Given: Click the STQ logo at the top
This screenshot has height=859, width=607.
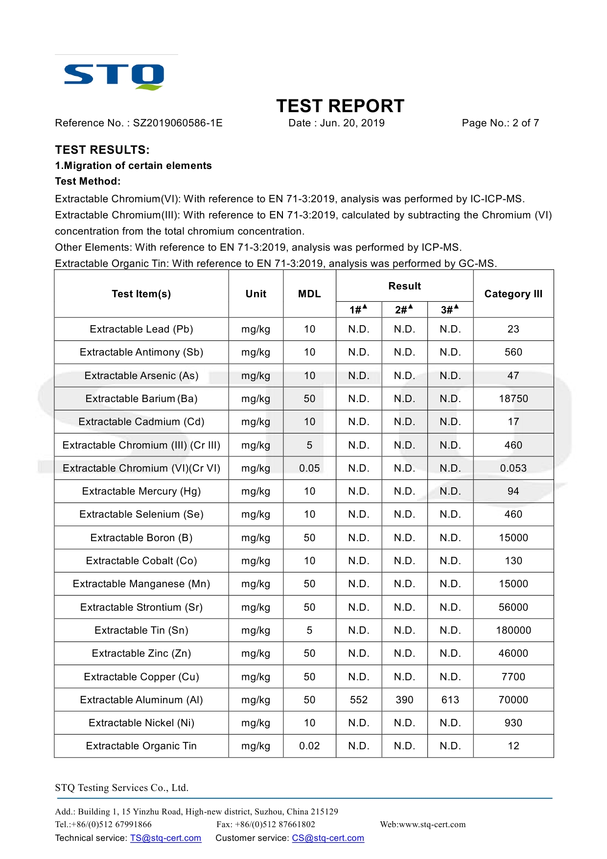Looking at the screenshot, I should tap(114, 76).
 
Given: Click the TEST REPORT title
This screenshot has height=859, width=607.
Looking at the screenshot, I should tap(340, 106).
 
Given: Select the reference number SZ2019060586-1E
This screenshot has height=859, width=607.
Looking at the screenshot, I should tap(178, 123).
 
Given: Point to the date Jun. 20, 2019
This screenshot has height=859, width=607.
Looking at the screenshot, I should tap(352, 123).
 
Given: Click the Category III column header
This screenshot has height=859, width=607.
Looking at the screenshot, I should tap(513, 294).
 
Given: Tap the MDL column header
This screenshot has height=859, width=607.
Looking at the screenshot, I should tap(309, 294).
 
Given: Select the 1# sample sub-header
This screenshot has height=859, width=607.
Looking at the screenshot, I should tap(358, 310).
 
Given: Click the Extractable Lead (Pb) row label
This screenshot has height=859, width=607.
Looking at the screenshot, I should tap(141, 329).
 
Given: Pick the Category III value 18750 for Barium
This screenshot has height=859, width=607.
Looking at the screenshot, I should tap(513, 399).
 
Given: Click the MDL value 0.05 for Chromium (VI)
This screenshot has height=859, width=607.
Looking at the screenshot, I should tap(309, 468).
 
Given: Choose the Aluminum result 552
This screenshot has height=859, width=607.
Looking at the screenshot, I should tap(358, 700).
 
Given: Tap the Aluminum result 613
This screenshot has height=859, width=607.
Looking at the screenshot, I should tap(450, 700).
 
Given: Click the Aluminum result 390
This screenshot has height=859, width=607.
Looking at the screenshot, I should tap(404, 700).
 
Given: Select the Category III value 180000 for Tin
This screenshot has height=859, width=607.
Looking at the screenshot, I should tap(513, 630).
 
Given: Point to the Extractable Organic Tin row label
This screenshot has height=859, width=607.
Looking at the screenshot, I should tap(141, 746).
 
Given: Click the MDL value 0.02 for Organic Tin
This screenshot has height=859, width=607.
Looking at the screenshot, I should tap(309, 746).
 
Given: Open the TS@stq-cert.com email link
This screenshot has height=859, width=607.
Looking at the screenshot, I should tap(165, 838).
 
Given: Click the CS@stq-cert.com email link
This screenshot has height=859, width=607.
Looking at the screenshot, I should tap(328, 838).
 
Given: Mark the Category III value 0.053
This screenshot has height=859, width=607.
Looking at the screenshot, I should tap(513, 468).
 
